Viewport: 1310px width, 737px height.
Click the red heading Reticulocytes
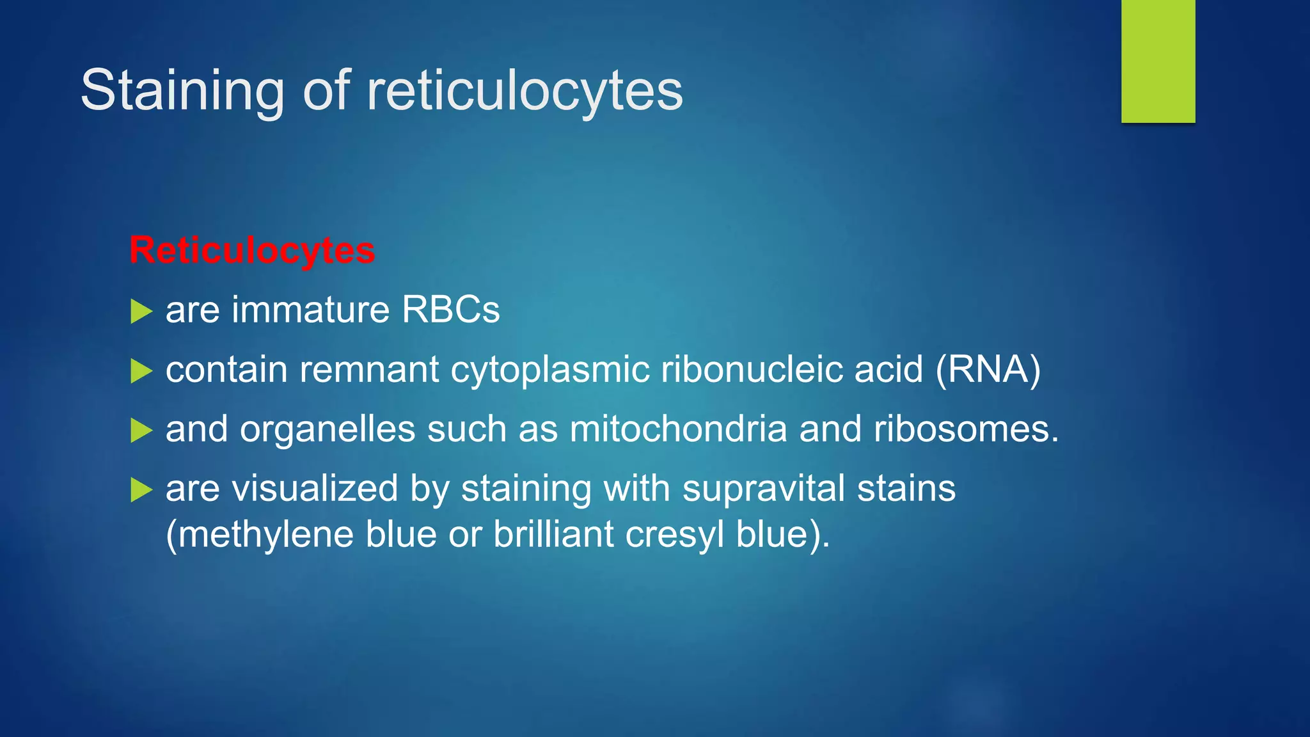tap(252, 250)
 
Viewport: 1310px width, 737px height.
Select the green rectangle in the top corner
tap(1158, 61)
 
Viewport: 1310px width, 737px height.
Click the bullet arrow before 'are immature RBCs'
tap(141, 312)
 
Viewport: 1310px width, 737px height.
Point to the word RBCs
tap(450, 310)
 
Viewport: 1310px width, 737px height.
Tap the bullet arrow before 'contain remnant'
tap(141, 371)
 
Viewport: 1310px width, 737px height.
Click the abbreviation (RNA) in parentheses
tap(988, 370)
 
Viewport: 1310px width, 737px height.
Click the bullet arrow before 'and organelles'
tap(141, 431)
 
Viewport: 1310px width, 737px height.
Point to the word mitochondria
tap(678, 429)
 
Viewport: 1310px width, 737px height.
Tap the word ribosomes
tap(966, 429)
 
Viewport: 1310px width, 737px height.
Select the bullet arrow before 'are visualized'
tap(141, 490)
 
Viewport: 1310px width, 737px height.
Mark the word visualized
tap(315, 489)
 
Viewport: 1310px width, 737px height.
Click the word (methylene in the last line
tap(260, 535)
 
